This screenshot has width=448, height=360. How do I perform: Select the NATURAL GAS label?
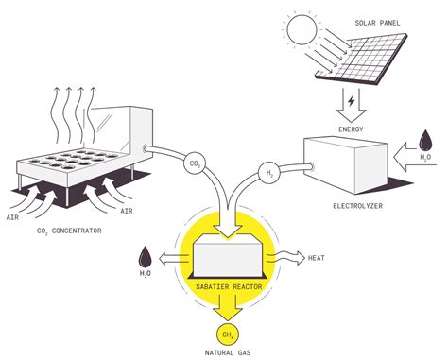(x=226, y=352)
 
